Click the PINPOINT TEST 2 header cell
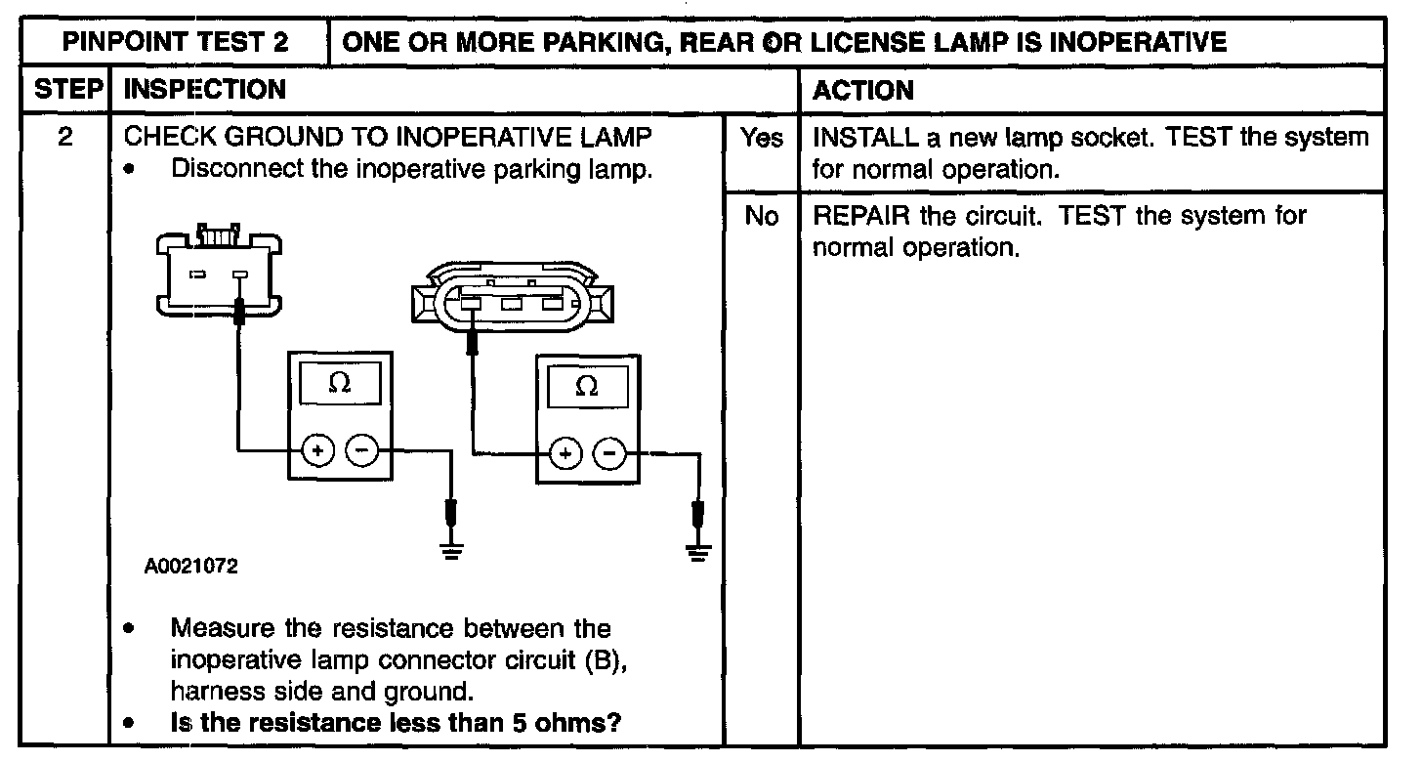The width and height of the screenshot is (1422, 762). click(x=176, y=42)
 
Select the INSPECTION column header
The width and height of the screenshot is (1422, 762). click(x=206, y=90)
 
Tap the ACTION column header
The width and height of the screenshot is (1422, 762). click(x=863, y=90)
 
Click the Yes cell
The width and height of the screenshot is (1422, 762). click(x=761, y=139)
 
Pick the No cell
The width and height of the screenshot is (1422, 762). click(x=761, y=216)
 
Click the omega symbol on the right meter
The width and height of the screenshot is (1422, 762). click(x=587, y=386)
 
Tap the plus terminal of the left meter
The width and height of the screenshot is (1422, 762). click(x=316, y=450)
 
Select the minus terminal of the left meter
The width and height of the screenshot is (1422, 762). click(x=361, y=450)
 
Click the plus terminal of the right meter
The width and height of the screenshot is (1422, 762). click(x=565, y=453)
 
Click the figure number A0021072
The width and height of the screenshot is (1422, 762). click(x=191, y=566)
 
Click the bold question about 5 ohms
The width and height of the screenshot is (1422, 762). click(x=397, y=724)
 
